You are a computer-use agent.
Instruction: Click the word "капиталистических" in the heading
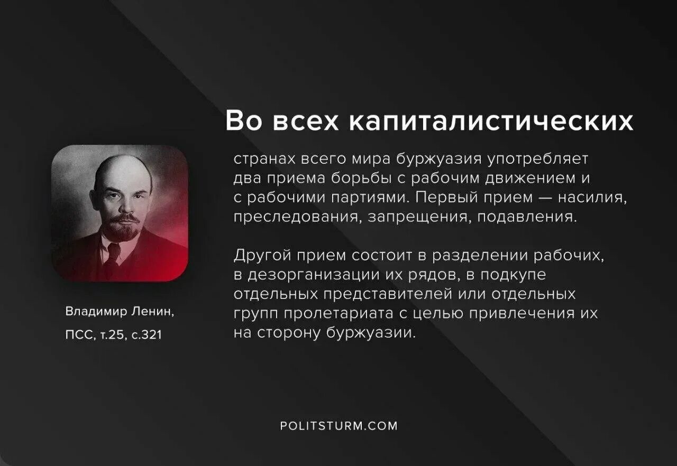(491, 122)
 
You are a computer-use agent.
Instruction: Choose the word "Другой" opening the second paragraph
(262, 256)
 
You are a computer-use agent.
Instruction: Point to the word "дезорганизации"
(310, 275)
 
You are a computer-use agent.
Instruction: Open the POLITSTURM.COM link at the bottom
(338, 426)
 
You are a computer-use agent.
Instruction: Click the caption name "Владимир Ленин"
(120, 312)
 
